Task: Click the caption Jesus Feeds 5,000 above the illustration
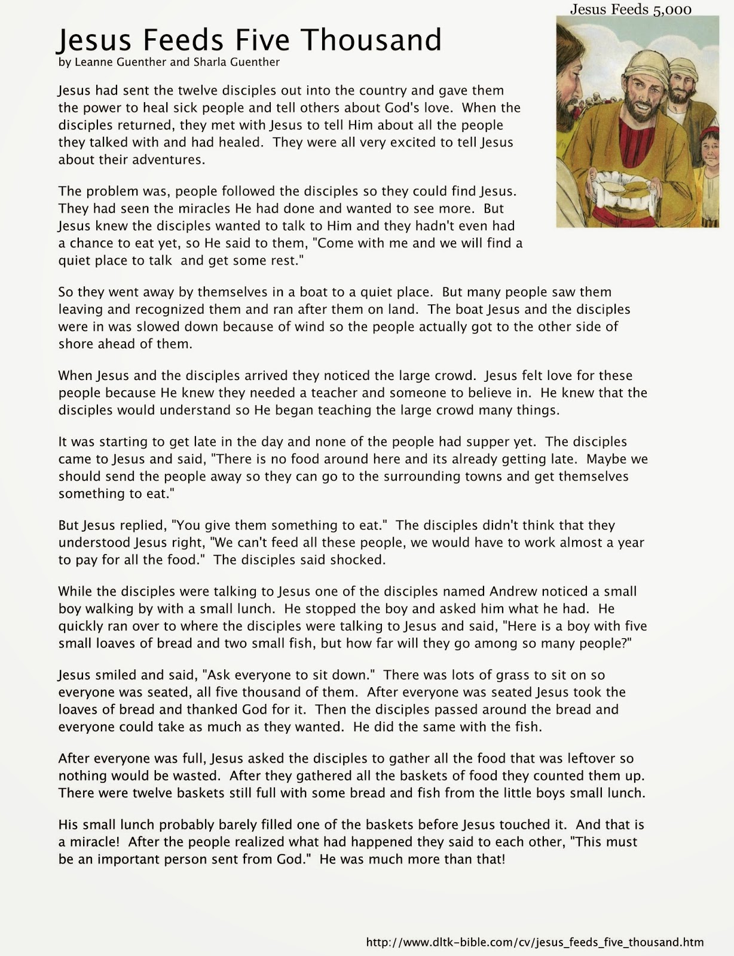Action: tap(631, 9)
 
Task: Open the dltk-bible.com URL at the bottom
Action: tap(534, 943)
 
